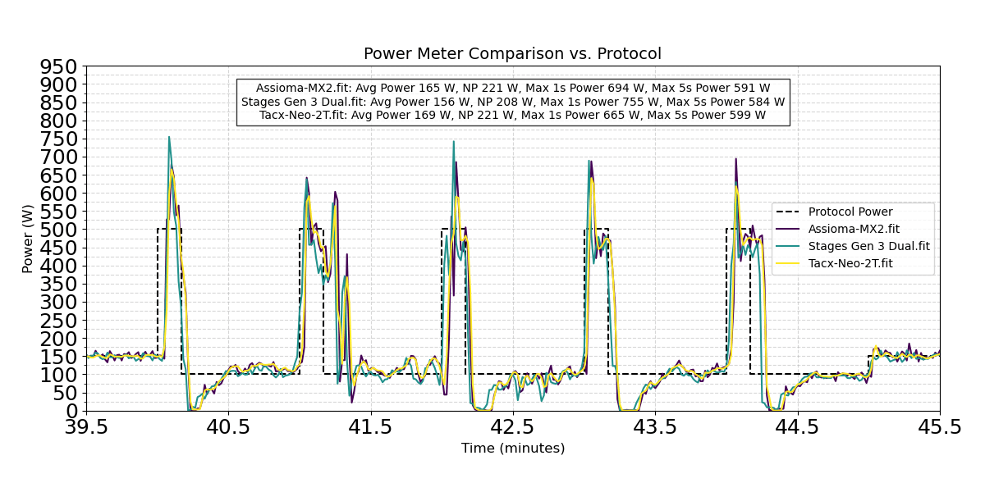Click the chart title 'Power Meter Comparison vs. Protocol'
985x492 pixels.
tap(512, 54)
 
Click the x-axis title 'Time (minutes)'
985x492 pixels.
tap(512, 449)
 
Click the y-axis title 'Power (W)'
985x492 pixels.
tap(28, 239)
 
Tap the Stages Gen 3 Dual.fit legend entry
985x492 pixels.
tap(869, 246)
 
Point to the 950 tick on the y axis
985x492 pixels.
tap(59, 66)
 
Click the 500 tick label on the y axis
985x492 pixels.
tap(59, 230)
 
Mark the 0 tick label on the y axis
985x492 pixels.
tap(72, 411)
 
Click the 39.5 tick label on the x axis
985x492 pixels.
tap(86, 427)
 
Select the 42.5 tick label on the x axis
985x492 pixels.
tap(513, 427)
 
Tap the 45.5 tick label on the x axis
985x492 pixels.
tap(940, 427)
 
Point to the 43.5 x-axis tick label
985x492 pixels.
tap(655, 427)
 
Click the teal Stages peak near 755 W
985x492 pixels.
tap(169, 137)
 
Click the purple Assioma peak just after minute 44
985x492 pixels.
tap(735, 159)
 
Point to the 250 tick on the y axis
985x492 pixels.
tap(59, 320)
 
